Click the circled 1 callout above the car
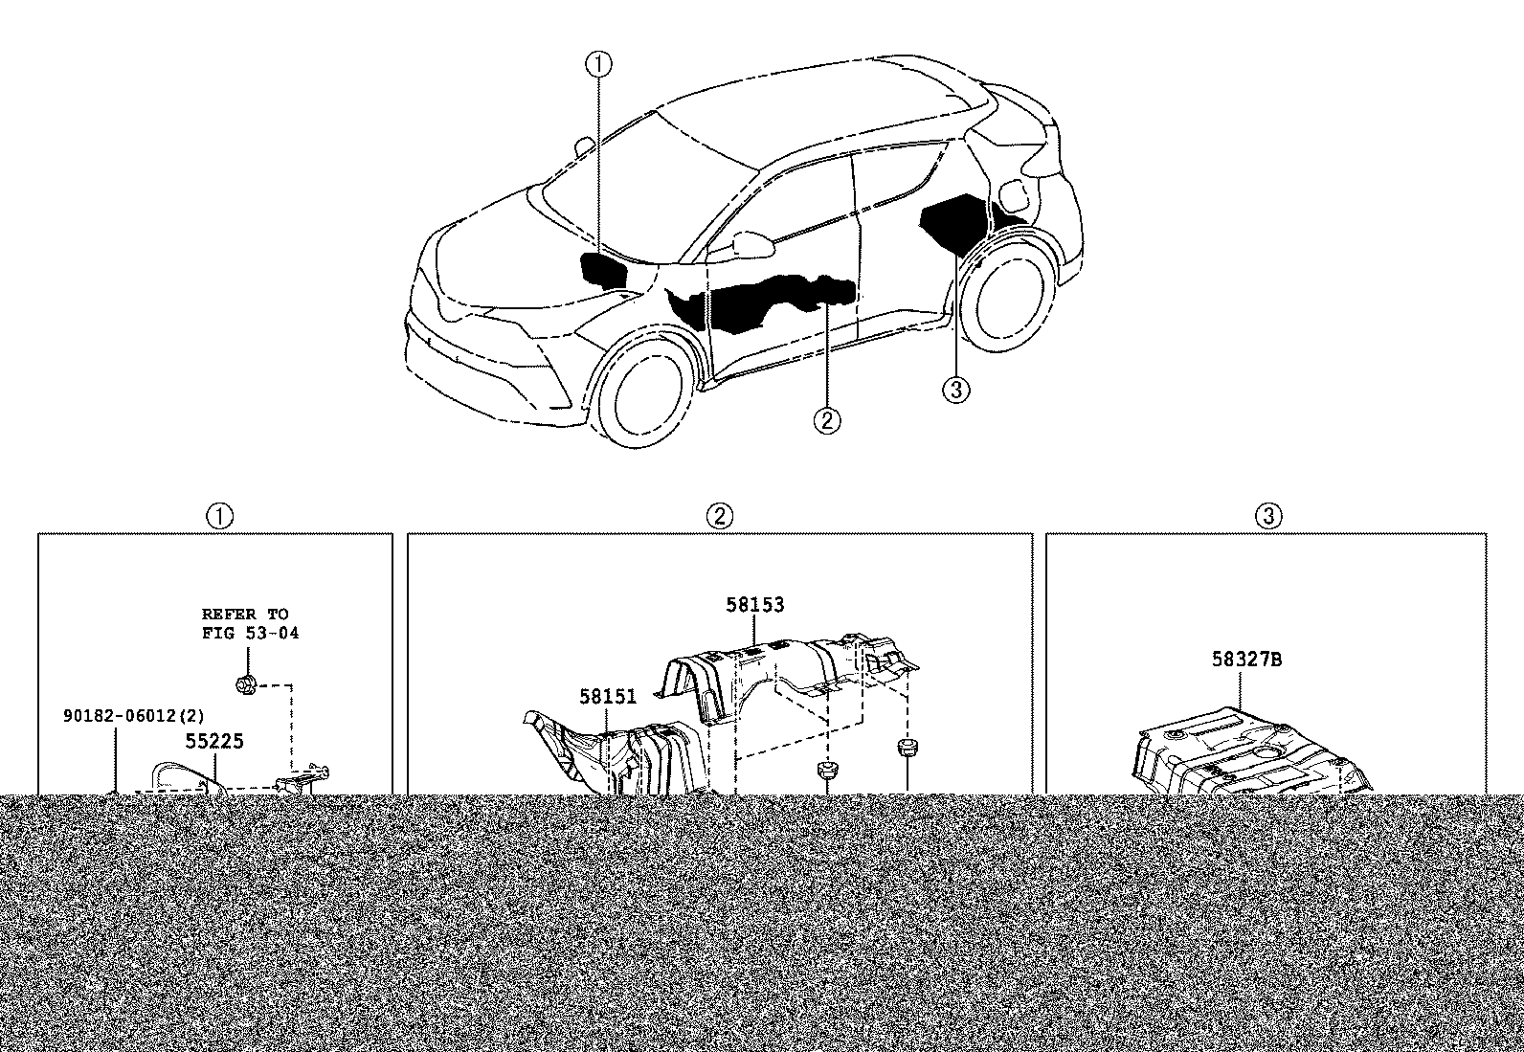tap(598, 64)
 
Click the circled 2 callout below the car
tap(827, 420)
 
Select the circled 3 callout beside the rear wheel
tap(956, 390)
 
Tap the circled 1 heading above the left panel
tap(220, 516)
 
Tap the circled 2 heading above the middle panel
tap(720, 516)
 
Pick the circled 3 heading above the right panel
tap(1268, 516)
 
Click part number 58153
tap(754, 604)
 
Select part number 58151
tap(608, 696)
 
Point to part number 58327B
tap(1246, 659)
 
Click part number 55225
tap(214, 741)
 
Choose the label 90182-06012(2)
tap(134, 716)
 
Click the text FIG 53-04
tap(251, 633)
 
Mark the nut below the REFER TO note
tap(245, 683)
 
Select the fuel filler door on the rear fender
tap(1017, 195)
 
